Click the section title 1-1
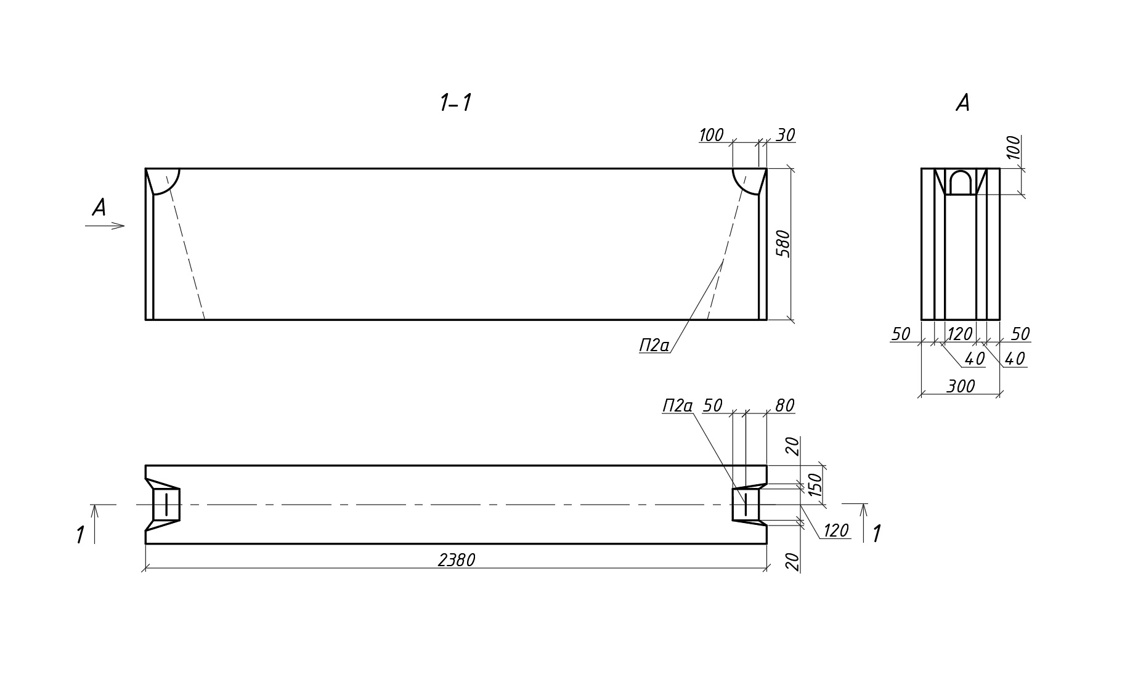click(x=455, y=103)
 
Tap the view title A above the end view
click(x=962, y=103)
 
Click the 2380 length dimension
click(x=457, y=560)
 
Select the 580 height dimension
click(x=782, y=244)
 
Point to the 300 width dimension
click(x=961, y=386)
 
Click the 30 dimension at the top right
click(x=785, y=135)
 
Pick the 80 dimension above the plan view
click(x=784, y=405)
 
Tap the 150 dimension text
click(x=815, y=485)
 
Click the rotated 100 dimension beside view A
click(x=1013, y=148)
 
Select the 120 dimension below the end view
click(x=959, y=334)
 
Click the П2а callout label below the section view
click(x=654, y=346)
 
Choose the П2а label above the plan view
click(x=677, y=405)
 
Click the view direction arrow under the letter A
click(x=105, y=226)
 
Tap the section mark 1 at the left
click(x=80, y=535)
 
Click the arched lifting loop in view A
click(x=960, y=183)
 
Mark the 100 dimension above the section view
click(x=711, y=135)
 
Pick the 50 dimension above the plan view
click(x=712, y=405)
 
